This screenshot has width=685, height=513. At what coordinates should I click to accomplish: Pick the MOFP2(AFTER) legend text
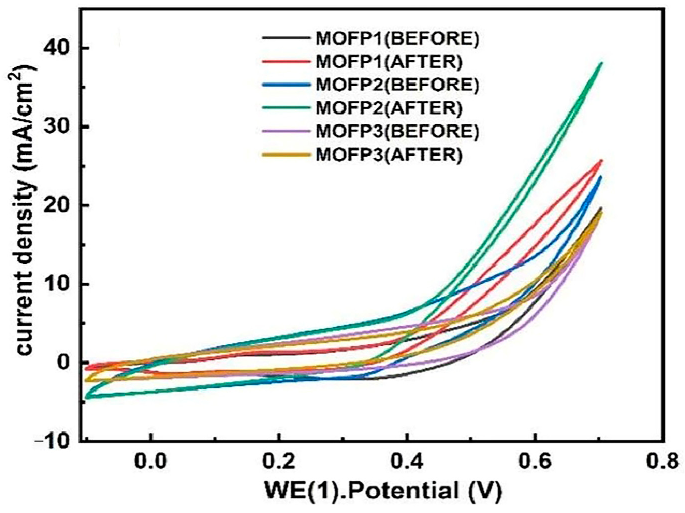click(389, 108)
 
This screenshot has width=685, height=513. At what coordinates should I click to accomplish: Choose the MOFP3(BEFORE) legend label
click(397, 131)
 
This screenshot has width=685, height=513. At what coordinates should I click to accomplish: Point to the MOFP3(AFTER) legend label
click(389, 155)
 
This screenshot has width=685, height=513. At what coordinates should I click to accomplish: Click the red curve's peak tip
click(601, 161)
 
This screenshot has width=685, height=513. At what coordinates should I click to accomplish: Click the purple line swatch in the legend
click(285, 131)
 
